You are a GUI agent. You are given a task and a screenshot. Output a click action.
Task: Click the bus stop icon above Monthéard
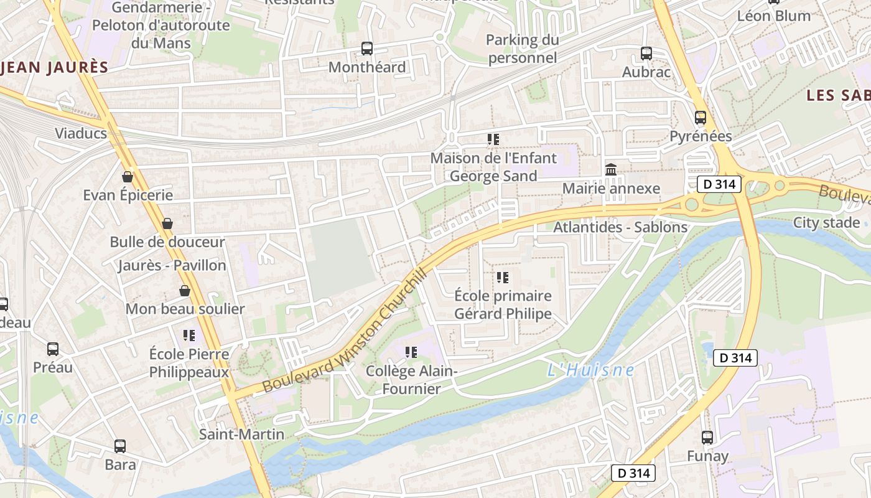click(367, 48)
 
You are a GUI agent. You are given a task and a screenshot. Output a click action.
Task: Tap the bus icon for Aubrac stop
click(646, 54)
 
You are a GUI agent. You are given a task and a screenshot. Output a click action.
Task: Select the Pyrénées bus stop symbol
click(701, 118)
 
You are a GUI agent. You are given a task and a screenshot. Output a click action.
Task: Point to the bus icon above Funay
click(707, 438)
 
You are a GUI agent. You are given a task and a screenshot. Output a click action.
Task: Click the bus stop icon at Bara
click(120, 446)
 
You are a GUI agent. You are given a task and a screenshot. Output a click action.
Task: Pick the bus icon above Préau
click(53, 349)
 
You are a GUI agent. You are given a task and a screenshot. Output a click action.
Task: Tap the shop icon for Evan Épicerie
click(128, 177)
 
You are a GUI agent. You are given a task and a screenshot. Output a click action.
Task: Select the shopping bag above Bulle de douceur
click(167, 223)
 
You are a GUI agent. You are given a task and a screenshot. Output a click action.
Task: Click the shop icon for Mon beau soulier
click(185, 291)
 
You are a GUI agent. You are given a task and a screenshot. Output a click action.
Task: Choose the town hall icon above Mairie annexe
click(611, 169)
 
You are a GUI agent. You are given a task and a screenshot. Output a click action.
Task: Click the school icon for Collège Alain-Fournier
click(411, 352)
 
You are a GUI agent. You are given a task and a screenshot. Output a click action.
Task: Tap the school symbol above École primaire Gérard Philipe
click(503, 277)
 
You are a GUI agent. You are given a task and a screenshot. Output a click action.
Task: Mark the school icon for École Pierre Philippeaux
click(189, 336)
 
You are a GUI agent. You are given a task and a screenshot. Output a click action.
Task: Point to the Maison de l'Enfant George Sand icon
click(493, 139)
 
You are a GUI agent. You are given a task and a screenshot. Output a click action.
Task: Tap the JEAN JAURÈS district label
click(55, 67)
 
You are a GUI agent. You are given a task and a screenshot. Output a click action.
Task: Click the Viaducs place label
click(81, 133)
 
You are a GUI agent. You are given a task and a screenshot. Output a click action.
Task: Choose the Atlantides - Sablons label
click(620, 227)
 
